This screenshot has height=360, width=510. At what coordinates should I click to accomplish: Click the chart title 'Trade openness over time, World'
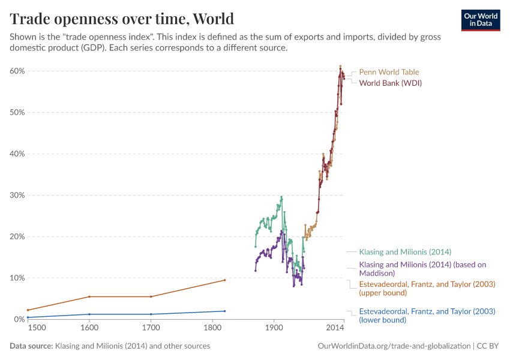[x=122, y=19]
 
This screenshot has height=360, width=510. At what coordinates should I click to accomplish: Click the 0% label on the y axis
[x=18, y=319]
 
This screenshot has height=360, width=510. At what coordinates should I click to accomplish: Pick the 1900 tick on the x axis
[x=274, y=328]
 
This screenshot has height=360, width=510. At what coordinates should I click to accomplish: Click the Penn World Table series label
[x=389, y=72]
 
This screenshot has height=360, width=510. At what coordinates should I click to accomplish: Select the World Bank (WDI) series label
[x=390, y=83]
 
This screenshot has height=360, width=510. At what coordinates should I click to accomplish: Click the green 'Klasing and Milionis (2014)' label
[x=405, y=252]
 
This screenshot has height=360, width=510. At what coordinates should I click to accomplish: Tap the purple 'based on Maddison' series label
[x=422, y=268]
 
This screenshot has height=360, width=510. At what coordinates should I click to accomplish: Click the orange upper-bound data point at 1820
[x=224, y=280]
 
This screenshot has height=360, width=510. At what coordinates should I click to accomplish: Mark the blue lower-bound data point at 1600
[x=89, y=314]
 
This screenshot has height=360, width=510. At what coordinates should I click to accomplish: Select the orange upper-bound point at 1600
[x=89, y=296]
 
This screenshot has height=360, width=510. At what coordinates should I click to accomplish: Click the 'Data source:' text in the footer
[x=31, y=346]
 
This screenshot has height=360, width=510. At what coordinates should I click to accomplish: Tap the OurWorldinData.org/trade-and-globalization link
[x=393, y=346]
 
